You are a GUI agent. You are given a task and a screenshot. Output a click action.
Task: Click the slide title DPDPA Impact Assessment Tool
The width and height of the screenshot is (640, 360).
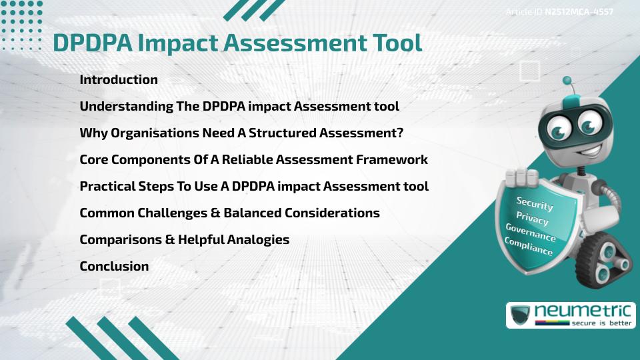click(x=237, y=43)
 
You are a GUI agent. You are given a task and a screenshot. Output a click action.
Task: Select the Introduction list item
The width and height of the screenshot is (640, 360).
click(x=119, y=79)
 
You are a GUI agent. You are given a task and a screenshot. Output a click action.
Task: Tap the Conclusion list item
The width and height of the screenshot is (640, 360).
click(x=114, y=266)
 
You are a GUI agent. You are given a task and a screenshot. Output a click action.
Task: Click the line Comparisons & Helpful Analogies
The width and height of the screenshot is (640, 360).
click(x=184, y=239)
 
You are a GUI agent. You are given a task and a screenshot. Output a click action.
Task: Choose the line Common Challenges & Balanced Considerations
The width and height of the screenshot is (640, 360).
click(x=229, y=213)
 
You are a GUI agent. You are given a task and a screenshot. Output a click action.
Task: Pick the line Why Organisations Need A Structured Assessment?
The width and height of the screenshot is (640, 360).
click(x=241, y=133)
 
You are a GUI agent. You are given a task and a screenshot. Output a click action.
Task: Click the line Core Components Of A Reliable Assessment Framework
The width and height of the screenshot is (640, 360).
click(x=253, y=159)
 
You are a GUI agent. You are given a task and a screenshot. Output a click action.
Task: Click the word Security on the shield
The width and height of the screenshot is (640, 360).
click(x=535, y=203)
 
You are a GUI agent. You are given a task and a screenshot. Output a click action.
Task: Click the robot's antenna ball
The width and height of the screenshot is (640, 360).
click(x=567, y=81)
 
